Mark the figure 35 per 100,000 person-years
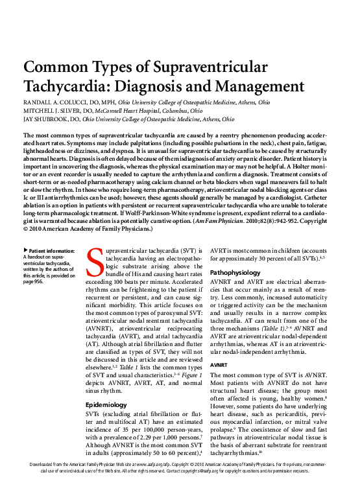(153, 406)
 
